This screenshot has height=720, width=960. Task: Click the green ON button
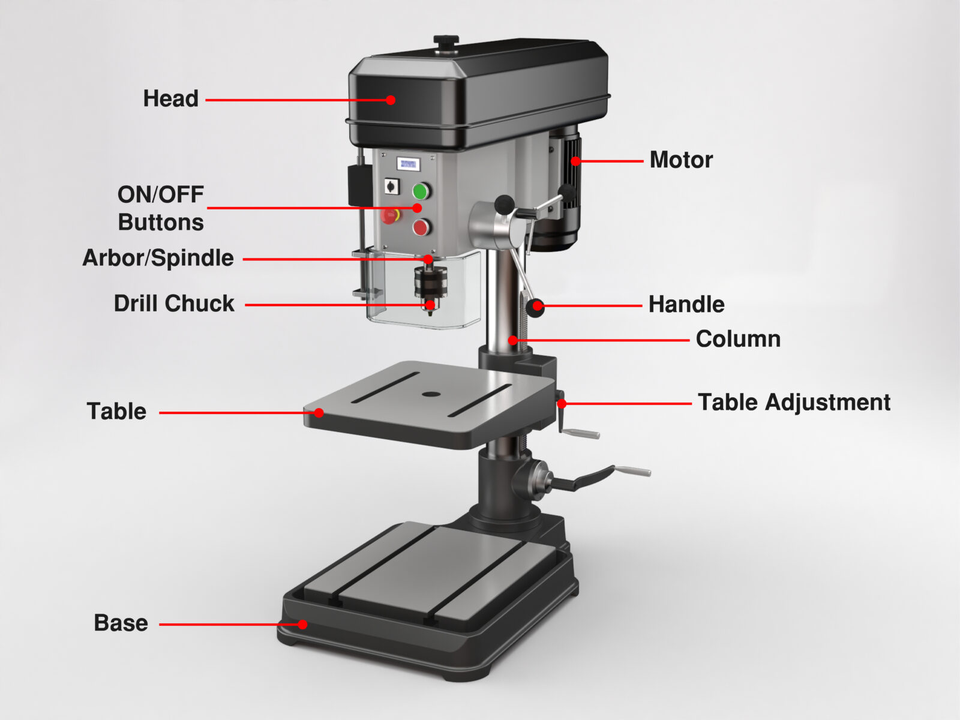[421, 191]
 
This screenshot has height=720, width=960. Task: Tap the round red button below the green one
[421, 227]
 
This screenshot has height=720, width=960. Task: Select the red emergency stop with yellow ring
[390, 215]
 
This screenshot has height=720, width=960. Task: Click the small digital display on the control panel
[408, 164]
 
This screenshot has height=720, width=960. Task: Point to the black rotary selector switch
[392, 187]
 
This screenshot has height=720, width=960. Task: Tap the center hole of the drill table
[430, 394]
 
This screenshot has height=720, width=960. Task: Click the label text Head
[170, 98]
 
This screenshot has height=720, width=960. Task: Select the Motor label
[681, 160]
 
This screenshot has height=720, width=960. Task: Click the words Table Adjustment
[794, 402]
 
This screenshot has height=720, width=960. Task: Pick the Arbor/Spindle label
[158, 258]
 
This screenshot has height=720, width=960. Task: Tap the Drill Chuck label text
[174, 304]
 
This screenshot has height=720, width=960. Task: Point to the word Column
[738, 339]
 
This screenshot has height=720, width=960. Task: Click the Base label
[121, 623]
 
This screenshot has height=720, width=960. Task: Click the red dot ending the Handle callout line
[538, 307]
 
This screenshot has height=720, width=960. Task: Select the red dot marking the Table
[319, 413]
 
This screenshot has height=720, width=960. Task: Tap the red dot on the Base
[303, 625]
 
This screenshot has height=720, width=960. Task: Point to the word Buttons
[161, 223]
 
